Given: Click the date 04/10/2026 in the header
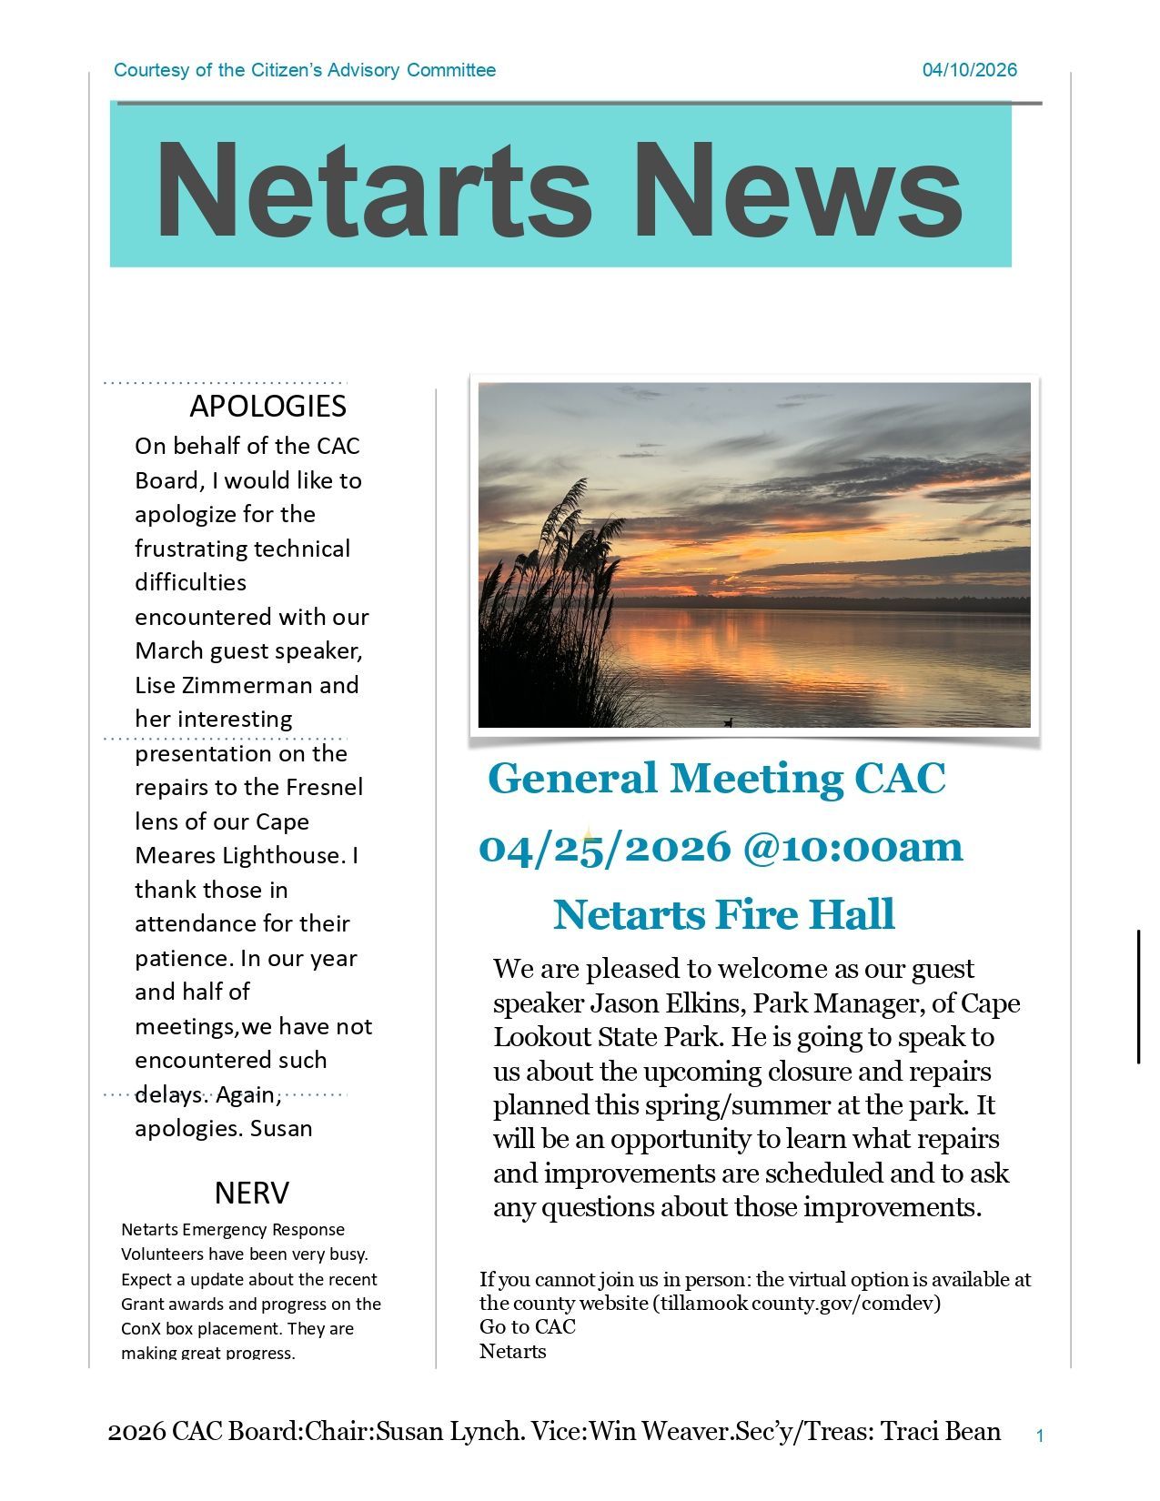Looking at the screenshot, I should (969, 70).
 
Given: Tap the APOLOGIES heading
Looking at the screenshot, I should (267, 406).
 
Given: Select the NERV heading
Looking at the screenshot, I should (252, 1192).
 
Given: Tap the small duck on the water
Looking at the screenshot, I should (728, 722).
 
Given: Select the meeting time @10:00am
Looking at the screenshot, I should (852, 847).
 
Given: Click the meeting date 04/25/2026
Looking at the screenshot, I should (605, 847).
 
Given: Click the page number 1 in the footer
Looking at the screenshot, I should (1040, 1436).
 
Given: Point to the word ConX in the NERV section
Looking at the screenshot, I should (141, 1328).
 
